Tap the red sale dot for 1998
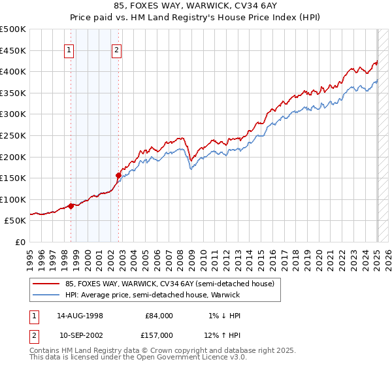tap(71, 206)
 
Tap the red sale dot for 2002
tap(118, 175)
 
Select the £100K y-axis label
tap(13, 199)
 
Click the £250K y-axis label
tap(13, 135)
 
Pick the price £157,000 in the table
tap(159, 335)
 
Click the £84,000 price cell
tap(159, 316)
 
